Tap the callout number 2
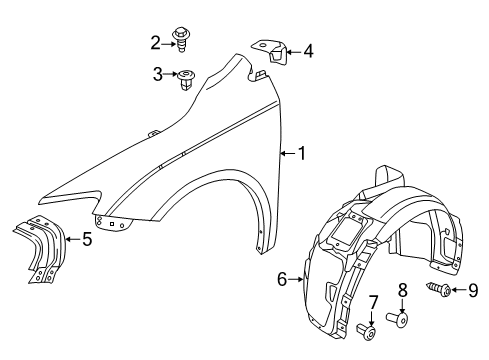click(155, 41)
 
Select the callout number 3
click(158, 74)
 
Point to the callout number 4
click(308, 49)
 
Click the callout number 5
click(87, 239)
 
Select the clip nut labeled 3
click(186, 78)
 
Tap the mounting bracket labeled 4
click(268, 55)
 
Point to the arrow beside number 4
click(291, 49)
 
